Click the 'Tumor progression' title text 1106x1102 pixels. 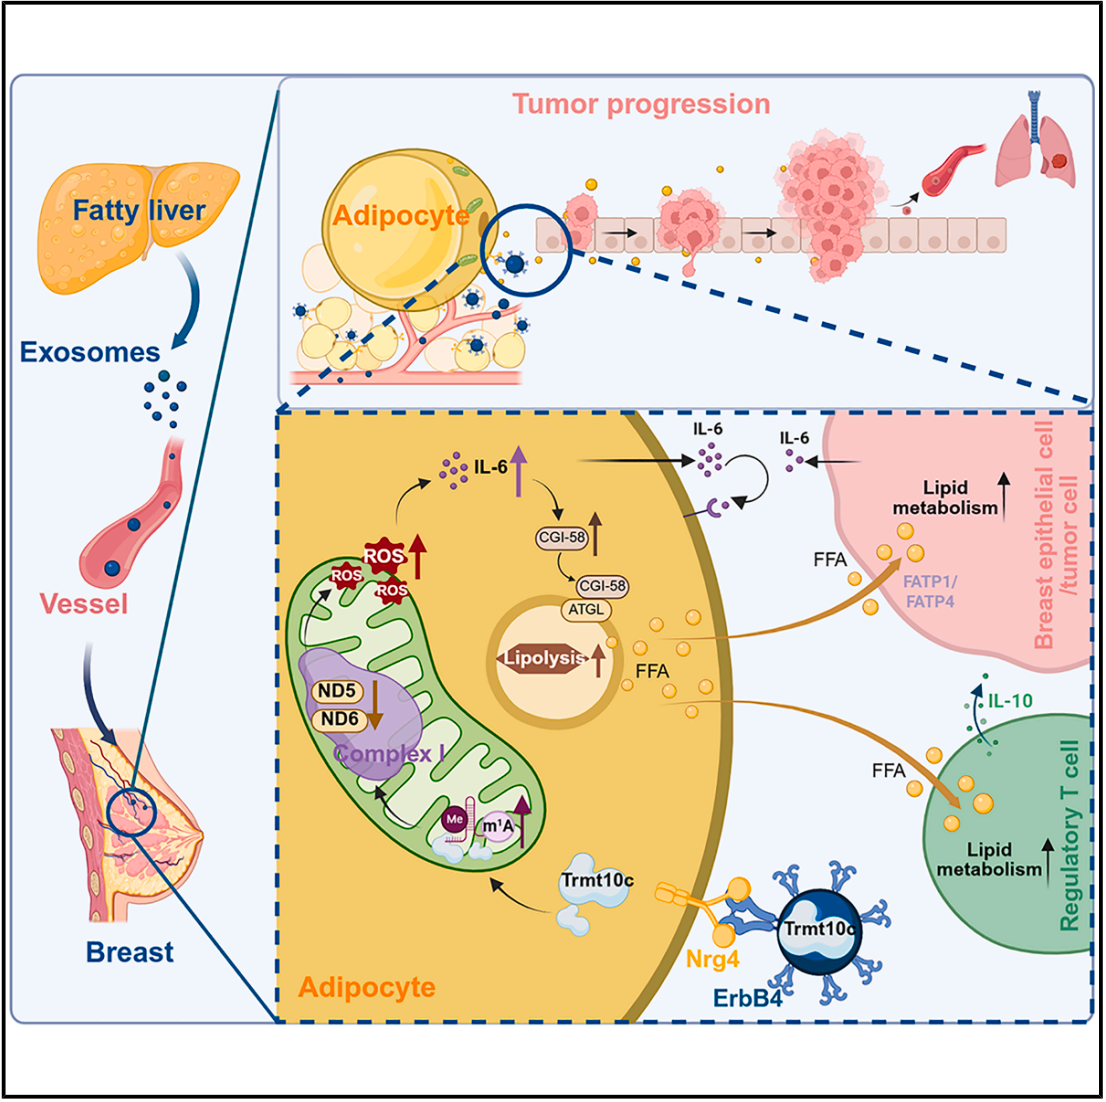(641, 104)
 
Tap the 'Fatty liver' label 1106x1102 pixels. (139, 211)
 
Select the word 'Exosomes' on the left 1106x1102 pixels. (90, 352)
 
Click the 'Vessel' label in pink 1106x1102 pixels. (84, 603)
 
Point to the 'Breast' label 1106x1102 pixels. (130, 951)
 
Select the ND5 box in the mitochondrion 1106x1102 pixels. (339, 692)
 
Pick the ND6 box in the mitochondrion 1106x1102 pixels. (339, 718)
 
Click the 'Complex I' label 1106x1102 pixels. (389, 754)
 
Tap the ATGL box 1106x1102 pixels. (586, 608)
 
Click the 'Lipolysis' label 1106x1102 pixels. (544, 658)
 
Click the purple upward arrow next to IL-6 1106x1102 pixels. (518, 474)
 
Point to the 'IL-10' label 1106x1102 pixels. (1010, 701)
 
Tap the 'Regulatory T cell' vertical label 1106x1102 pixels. (1070, 836)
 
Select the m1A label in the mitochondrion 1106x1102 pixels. (497, 826)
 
